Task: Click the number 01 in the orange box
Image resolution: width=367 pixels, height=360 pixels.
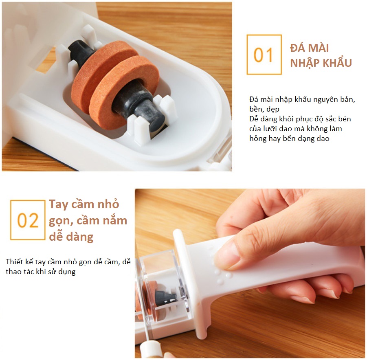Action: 264,55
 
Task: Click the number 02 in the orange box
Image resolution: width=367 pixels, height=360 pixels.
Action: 28,220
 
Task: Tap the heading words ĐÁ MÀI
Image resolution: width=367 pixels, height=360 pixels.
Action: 310,48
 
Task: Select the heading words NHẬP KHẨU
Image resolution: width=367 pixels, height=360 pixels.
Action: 321,62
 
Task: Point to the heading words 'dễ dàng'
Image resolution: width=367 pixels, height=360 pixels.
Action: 71,237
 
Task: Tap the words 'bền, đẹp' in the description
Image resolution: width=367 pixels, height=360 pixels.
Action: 264,109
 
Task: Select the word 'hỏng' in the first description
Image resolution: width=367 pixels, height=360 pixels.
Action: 257,138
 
